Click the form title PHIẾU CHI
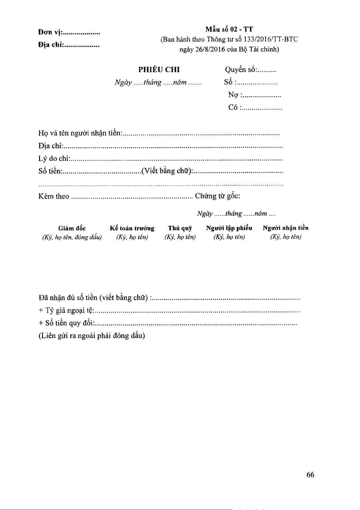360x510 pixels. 159,70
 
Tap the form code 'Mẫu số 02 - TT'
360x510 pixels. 229,29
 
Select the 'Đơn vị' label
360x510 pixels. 50,32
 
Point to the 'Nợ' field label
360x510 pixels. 233,95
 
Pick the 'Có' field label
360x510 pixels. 233,107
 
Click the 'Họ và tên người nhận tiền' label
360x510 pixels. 80,133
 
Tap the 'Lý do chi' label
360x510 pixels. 54,158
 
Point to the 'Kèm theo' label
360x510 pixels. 54,196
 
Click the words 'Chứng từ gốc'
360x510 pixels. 217,196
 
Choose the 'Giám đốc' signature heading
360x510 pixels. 72,229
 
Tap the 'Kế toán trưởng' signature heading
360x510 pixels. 132,228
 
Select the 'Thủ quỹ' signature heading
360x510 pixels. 180,228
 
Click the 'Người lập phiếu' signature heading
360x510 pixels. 229,228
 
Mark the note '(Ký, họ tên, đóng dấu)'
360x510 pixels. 72,237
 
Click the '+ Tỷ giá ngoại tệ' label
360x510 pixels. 66,311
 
